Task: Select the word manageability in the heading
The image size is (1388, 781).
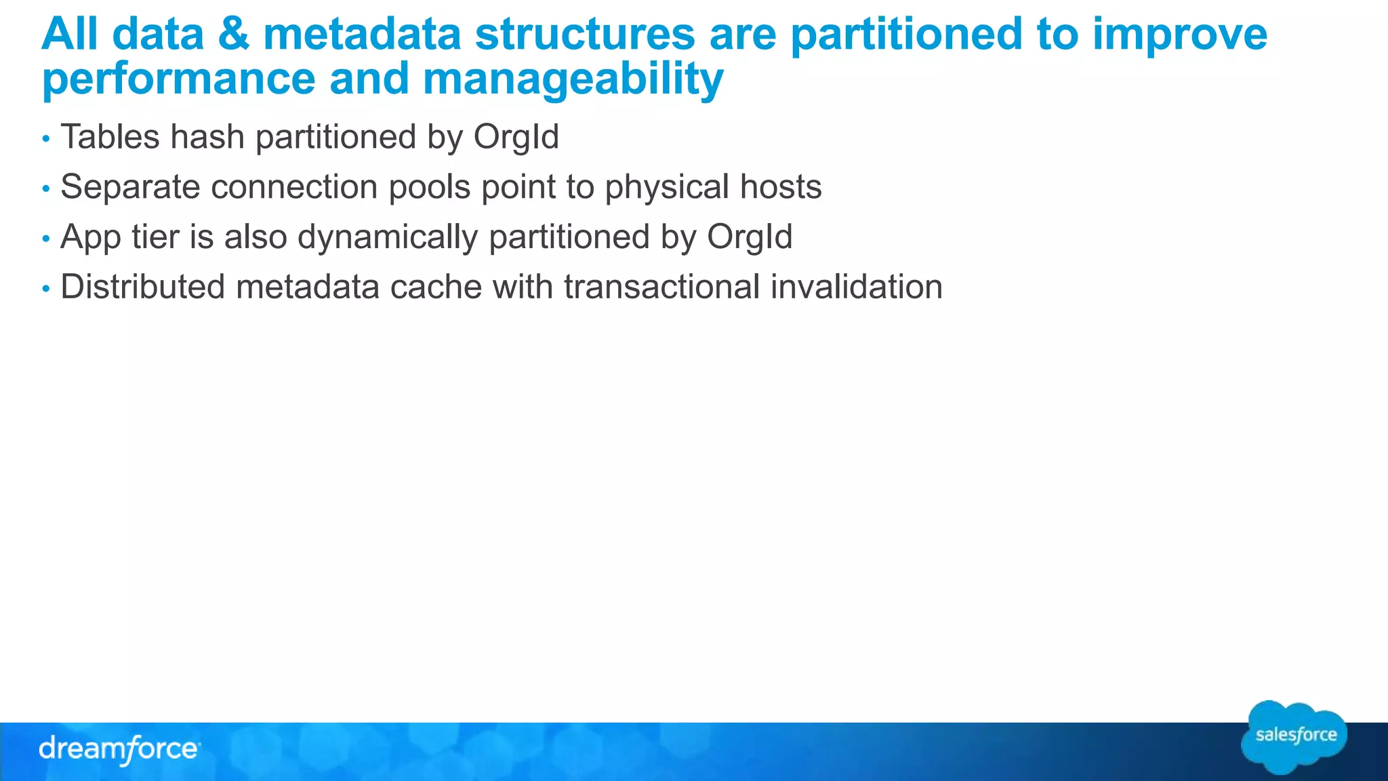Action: (573, 79)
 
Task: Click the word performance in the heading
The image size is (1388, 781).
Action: (178, 79)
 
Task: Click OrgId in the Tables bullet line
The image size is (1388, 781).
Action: (516, 137)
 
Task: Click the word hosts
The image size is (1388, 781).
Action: (781, 187)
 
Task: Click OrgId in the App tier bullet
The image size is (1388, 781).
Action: (750, 237)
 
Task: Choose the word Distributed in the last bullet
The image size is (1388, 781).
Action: (142, 287)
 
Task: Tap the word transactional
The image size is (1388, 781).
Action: (661, 287)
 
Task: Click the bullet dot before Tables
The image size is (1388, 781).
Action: (46, 139)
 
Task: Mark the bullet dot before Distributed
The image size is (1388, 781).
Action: (46, 289)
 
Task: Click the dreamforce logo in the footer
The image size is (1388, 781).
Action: (119, 750)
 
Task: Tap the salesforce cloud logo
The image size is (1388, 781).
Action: (1294, 737)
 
